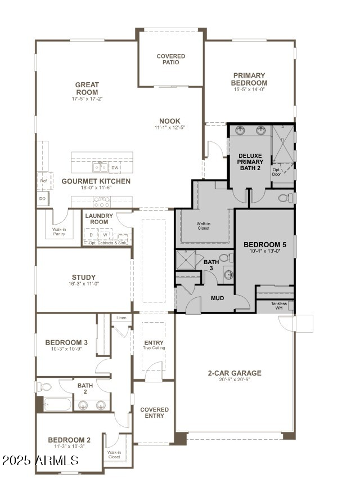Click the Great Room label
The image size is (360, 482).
tap(87, 88)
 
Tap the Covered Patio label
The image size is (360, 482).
tap(170, 59)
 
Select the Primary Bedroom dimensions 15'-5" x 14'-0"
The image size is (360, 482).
tap(249, 90)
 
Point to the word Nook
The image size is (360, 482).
tap(169, 120)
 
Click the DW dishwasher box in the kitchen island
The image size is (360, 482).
tap(115, 168)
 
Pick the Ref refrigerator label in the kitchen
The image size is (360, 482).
tap(43, 181)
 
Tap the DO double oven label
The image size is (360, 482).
tap(43, 199)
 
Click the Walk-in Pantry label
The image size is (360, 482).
tap(59, 231)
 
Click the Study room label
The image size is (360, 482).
tap(83, 277)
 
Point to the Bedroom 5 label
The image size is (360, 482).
tap(264, 244)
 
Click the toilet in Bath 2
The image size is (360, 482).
tap(45, 387)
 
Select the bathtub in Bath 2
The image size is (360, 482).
tap(57, 404)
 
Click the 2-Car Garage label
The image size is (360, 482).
tap(234, 373)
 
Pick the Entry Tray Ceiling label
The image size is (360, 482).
tap(154, 345)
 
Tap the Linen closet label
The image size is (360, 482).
tap(121, 318)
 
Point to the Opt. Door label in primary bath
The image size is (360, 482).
tap(277, 172)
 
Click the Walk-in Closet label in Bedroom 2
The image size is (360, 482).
tap(114, 454)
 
